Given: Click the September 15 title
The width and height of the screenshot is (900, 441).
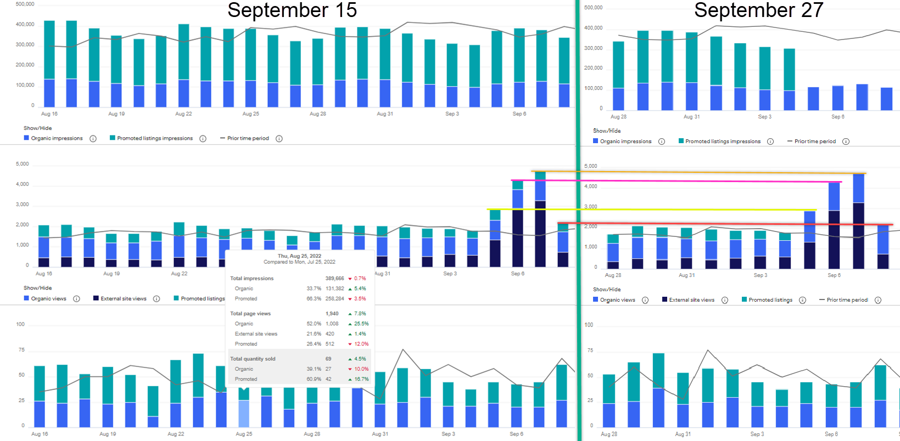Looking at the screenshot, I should pyautogui.click(x=292, y=10).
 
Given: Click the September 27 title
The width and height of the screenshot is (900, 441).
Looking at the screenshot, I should pyautogui.click(x=758, y=10).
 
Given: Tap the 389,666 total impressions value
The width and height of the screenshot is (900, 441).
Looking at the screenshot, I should pyautogui.click(x=334, y=279).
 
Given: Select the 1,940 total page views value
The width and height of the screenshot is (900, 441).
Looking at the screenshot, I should pyautogui.click(x=332, y=314).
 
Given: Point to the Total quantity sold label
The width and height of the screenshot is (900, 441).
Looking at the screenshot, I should pyautogui.click(x=253, y=359).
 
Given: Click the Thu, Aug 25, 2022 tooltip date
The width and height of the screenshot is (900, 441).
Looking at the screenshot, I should pyautogui.click(x=299, y=256).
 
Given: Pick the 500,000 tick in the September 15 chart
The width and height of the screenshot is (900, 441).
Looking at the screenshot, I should pyautogui.click(x=25, y=4).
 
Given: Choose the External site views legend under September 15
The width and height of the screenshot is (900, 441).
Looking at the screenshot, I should pyautogui.click(x=124, y=299).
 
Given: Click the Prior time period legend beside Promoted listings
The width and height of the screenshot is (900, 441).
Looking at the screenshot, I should pyautogui.click(x=847, y=300).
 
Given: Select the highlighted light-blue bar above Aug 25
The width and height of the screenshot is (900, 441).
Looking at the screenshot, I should pyautogui.click(x=244, y=414).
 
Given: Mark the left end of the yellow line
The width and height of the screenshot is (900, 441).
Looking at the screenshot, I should pyautogui.click(x=488, y=209).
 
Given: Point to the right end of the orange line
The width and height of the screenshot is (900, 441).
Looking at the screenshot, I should pyautogui.click(x=865, y=173).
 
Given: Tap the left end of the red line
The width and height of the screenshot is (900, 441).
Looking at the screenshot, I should pyautogui.click(x=558, y=223).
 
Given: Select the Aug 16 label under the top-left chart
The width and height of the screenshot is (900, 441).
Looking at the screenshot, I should pyautogui.click(x=49, y=114).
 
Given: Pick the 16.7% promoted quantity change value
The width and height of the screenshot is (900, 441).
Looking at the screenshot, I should pyautogui.click(x=361, y=379).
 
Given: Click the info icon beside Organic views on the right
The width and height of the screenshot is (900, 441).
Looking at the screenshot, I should pyautogui.click(x=645, y=300).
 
